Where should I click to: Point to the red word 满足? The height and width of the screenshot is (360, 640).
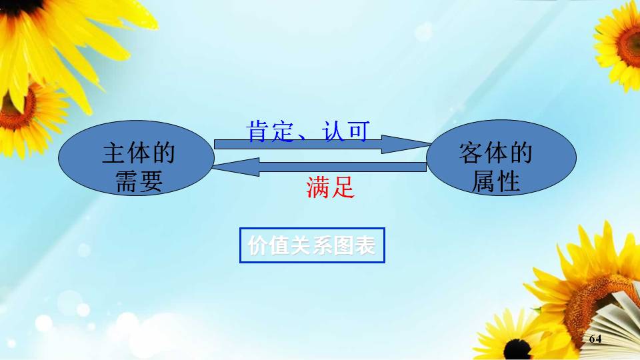tap(330, 188)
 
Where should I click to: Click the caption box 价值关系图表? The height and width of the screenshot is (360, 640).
tap(312, 246)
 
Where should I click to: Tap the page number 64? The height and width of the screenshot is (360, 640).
tap(595, 339)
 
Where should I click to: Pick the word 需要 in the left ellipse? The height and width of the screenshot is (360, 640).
tap(139, 182)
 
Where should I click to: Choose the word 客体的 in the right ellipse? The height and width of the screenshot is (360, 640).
tap(495, 154)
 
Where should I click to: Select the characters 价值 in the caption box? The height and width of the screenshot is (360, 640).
tap(264, 246)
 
